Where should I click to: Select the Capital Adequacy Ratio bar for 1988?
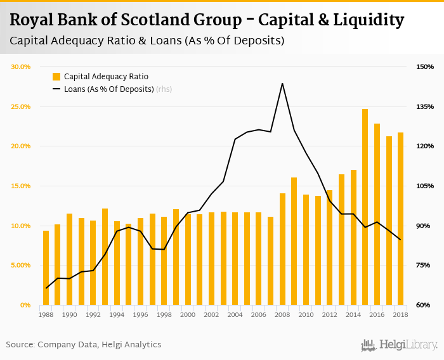coord(46,267)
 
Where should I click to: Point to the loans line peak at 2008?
coord(282,84)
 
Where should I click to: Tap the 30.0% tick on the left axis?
coord(22,67)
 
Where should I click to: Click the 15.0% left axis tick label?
coord(22,186)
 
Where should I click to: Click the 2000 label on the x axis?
coord(187,314)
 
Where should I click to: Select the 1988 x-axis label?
coord(46,314)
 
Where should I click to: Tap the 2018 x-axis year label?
coord(400,314)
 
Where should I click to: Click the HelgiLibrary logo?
coord(400,345)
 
